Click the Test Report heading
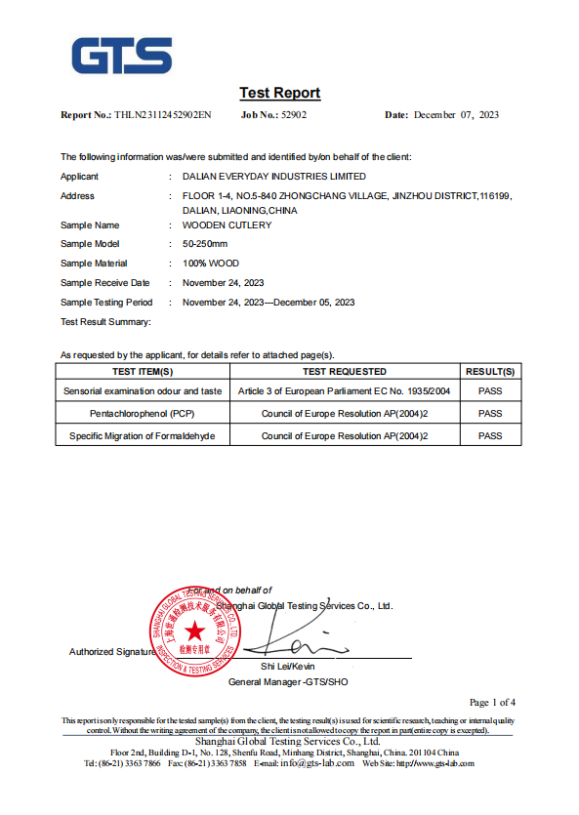(x=279, y=93)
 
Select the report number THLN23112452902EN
(x=162, y=115)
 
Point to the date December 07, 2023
(x=456, y=115)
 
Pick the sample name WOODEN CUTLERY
(x=227, y=225)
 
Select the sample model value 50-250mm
(x=204, y=244)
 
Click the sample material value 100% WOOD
(x=211, y=264)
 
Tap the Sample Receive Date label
(x=105, y=283)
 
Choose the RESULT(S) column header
(x=490, y=372)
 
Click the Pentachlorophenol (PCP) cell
(x=143, y=414)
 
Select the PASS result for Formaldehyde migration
(x=490, y=435)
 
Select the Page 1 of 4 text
(x=492, y=702)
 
